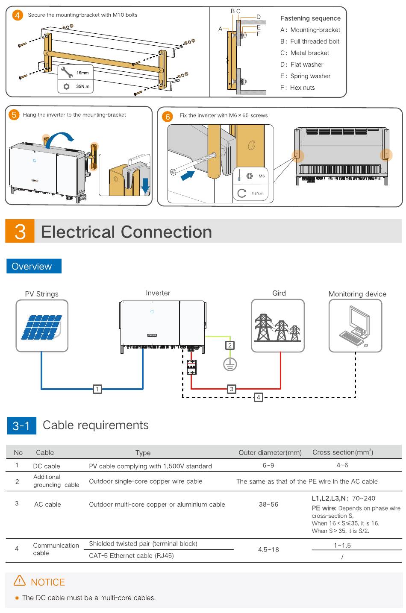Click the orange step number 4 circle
pyautogui.click(x=17, y=15)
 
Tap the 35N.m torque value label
pyautogui.click(x=82, y=86)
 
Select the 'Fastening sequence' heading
pyautogui.click(x=310, y=18)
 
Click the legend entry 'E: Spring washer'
pyautogui.click(x=305, y=76)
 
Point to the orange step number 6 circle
pyautogui.click(x=168, y=117)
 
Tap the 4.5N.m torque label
pyautogui.click(x=257, y=194)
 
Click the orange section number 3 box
pyautogui.click(x=20, y=231)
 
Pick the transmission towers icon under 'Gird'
pyautogui.click(x=278, y=327)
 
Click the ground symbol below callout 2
pyautogui.click(x=230, y=364)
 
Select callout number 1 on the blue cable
pyautogui.click(x=97, y=389)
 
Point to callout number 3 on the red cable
pyautogui.click(x=231, y=389)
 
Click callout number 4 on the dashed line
pyautogui.click(x=258, y=397)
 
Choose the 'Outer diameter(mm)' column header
pyautogui.click(x=270, y=452)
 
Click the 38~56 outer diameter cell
pyautogui.click(x=268, y=504)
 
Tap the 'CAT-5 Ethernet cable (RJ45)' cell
pyautogui.click(x=131, y=556)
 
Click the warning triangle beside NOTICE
pyautogui.click(x=20, y=581)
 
